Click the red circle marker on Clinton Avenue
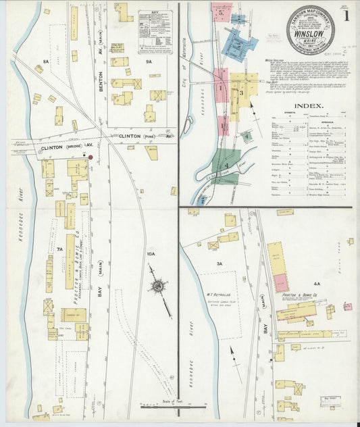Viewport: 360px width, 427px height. (90, 157)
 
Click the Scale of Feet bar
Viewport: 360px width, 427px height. (172, 407)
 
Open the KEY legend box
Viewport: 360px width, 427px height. (155, 31)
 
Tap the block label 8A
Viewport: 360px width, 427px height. (47, 62)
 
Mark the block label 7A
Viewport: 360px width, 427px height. (60, 249)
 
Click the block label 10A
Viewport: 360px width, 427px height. (150, 254)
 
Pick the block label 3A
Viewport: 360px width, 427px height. (220, 264)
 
